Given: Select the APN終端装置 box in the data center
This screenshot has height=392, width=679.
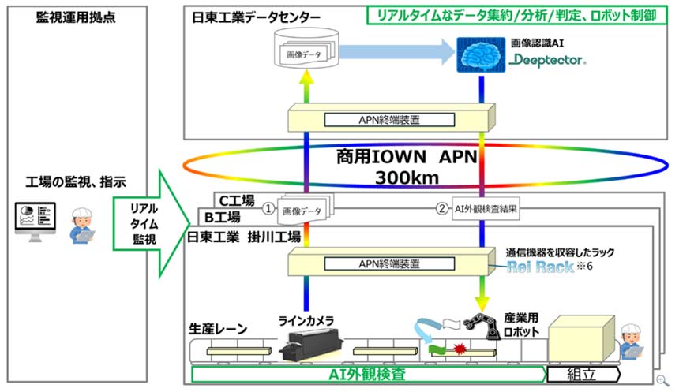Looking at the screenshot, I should tap(392, 120).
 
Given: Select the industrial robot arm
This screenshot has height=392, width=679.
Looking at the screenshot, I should tap(484, 324).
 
